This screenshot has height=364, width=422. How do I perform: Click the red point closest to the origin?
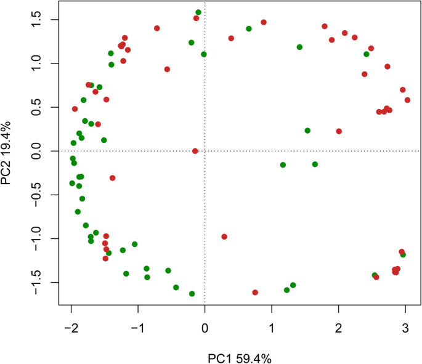tap(195, 151)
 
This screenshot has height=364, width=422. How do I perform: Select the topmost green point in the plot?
tap(198, 12)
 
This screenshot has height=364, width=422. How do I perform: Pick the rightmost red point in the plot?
tap(407, 100)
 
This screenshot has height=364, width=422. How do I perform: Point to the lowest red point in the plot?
tap(255, 293)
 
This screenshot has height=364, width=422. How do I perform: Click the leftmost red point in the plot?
tap(75, 109)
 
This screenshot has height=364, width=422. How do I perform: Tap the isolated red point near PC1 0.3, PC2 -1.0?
tap(224, 237)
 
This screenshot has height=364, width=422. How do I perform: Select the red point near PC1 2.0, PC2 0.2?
tap(339, 131)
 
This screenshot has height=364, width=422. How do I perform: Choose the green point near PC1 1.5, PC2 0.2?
tap(307, 131)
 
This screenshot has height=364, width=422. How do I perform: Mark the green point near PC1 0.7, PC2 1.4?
tap(249, 29)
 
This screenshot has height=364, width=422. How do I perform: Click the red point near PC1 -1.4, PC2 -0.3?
tap(112, 178)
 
